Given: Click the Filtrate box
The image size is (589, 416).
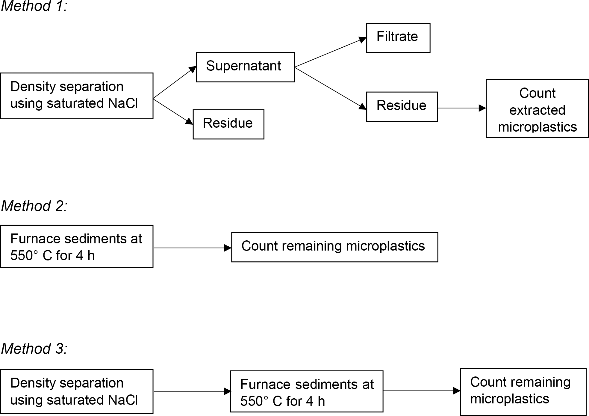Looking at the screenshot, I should [398, 38].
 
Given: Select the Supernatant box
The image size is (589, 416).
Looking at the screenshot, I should [245, 67].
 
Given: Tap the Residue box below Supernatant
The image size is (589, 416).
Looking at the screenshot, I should [228, 124].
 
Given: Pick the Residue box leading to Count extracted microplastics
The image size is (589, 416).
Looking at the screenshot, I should [402, 106].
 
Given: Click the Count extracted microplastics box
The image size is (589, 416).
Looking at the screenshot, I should [537, 108].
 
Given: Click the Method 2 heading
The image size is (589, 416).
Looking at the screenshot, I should [34, 206].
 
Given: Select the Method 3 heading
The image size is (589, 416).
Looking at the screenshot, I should [34, 349].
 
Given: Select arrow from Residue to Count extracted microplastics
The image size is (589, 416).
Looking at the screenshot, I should [461, 108].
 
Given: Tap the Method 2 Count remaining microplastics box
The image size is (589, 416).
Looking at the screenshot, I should [334, 247].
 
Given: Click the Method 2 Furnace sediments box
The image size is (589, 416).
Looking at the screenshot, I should [77, 246].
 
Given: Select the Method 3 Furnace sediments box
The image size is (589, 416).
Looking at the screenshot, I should [307, 391].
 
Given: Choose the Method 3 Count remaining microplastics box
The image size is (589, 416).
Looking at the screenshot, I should [523, 391].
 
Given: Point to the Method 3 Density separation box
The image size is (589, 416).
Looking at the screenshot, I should [77, 391].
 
